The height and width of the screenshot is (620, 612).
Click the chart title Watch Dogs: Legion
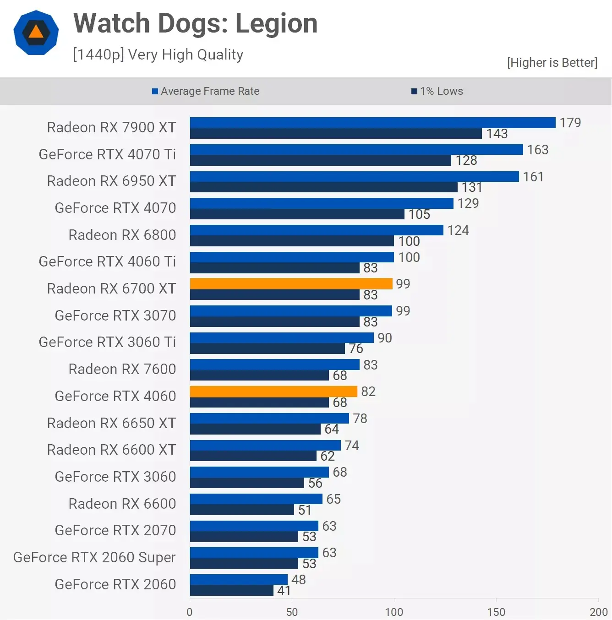(195, 23)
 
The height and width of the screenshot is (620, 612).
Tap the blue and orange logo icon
(36, 33)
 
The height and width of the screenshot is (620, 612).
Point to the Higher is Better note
(552, 63)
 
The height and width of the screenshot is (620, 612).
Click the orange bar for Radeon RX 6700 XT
(291, 284)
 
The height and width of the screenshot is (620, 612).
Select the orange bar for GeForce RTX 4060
(273, 392)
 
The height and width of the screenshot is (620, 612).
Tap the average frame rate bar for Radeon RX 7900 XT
(372, 123)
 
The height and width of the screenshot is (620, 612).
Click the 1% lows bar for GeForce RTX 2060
(231, 591)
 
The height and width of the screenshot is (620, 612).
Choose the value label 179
(570, 123)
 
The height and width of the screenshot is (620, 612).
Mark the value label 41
(284, 591)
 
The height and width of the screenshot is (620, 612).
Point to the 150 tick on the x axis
(496, 612)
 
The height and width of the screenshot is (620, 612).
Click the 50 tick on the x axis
(292, 612)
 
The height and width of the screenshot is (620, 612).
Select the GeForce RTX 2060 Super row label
(94, 557)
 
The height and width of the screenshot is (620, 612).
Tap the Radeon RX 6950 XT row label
(111, 181)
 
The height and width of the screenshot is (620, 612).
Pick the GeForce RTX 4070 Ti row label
(107, 154)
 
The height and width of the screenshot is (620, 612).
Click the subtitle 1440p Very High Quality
(158, 54)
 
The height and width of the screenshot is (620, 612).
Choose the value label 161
(533, 177)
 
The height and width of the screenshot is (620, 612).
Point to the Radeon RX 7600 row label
(122, 369)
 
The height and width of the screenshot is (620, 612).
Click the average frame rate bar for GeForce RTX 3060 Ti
(282, 338)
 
